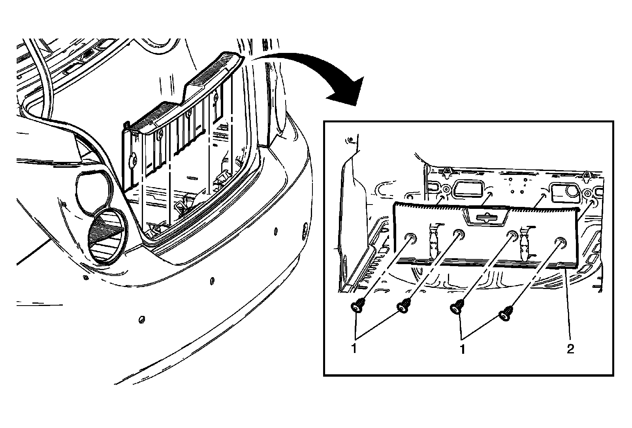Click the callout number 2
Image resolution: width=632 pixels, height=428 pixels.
coord(570,349)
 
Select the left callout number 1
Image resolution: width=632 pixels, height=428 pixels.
coord(355,349)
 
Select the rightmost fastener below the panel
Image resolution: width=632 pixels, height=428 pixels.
coord(506,314)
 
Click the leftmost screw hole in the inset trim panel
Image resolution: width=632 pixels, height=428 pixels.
coord(411,237)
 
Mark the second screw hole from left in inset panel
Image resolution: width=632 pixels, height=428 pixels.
coord(459,234)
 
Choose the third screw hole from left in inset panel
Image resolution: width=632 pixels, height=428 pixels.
coord(512,235)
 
